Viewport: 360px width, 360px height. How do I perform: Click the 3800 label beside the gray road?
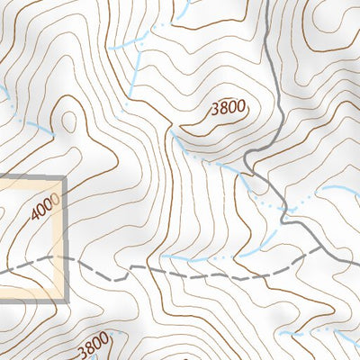(228, 109)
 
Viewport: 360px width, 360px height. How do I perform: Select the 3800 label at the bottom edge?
(93, 345)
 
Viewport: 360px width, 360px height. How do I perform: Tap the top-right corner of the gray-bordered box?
(67, 177)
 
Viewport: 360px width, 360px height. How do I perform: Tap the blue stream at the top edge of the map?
(184, 4)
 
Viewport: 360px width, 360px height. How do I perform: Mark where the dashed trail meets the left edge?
(2, 268)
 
